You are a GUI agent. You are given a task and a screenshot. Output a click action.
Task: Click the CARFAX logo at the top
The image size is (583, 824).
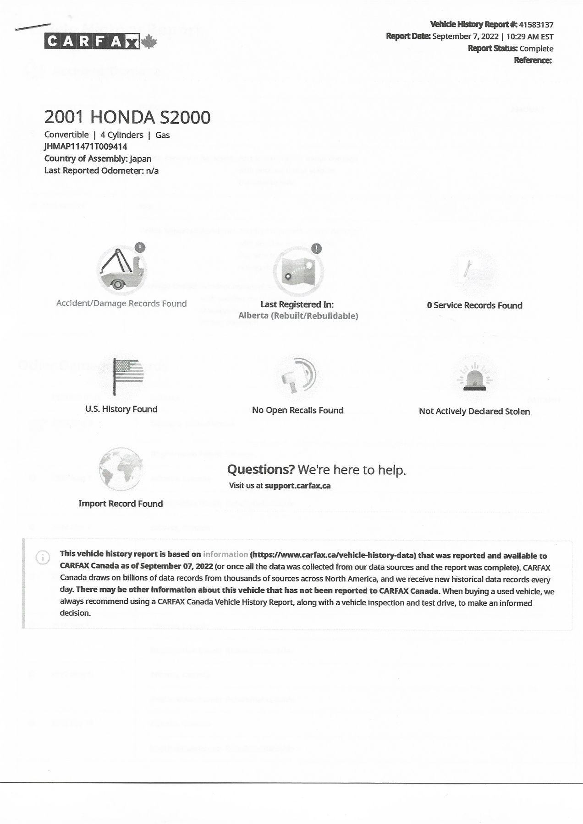point(92,42)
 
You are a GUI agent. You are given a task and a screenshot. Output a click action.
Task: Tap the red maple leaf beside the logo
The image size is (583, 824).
point(149,42)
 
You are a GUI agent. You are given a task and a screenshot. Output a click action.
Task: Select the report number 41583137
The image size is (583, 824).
point(536,25)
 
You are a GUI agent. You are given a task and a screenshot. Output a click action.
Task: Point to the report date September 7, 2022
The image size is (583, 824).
point(465,37)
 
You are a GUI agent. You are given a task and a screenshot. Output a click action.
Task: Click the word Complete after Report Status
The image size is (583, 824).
point(536,49)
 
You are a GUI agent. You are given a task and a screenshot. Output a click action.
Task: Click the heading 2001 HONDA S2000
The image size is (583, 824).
point(127,117)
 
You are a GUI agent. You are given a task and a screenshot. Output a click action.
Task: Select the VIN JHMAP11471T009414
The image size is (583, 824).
point(86,146)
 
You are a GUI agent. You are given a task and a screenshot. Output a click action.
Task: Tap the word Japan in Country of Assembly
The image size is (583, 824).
point(140,159)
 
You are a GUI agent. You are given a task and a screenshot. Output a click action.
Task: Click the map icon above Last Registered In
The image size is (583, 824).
point(298,271)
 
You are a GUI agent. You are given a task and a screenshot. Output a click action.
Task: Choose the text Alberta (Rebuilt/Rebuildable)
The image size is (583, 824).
point(298,316)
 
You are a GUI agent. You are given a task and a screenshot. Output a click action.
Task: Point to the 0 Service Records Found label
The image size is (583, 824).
point(474,305)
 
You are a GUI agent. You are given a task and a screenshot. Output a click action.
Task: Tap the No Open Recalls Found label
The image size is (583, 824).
point(297,410)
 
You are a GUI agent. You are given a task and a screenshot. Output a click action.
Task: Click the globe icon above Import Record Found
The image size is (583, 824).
point(121,469)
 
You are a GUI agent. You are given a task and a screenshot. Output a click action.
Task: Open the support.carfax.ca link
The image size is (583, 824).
point(297,486)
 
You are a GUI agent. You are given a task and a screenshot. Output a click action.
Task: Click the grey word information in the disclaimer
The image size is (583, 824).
point(225,554)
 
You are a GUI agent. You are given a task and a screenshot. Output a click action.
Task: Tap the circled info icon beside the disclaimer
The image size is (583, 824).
point(43,557)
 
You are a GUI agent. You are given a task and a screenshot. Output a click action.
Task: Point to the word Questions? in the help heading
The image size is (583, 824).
point(260,470)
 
